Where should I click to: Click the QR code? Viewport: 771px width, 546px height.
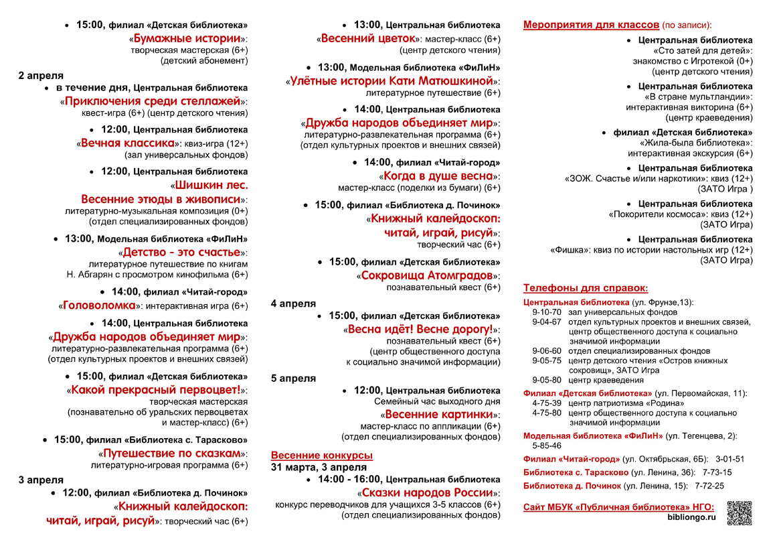(739, 513)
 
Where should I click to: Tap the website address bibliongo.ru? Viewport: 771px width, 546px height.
(691, 517)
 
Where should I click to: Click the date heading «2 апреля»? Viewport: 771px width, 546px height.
(41, 75)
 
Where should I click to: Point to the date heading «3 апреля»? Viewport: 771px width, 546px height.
(41, 480)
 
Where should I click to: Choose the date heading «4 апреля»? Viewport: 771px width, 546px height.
(293, 303)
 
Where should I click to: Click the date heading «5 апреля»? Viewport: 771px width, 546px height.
(293, 378)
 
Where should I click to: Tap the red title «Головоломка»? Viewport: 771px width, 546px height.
(99, 305)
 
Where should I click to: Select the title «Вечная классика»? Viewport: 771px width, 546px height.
(128, 143)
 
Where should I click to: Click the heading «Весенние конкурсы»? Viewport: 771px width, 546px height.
(322, 456)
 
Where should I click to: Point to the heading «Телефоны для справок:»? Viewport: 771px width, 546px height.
(586, 288)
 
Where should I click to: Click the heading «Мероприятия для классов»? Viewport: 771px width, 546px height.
(591, 25)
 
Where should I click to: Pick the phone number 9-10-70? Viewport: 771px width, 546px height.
(547, 312)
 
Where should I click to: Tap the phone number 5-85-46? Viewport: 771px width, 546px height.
(547, 446)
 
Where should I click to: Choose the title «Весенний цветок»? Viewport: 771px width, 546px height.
(369, 38)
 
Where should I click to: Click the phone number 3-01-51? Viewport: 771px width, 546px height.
(730, 459)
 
